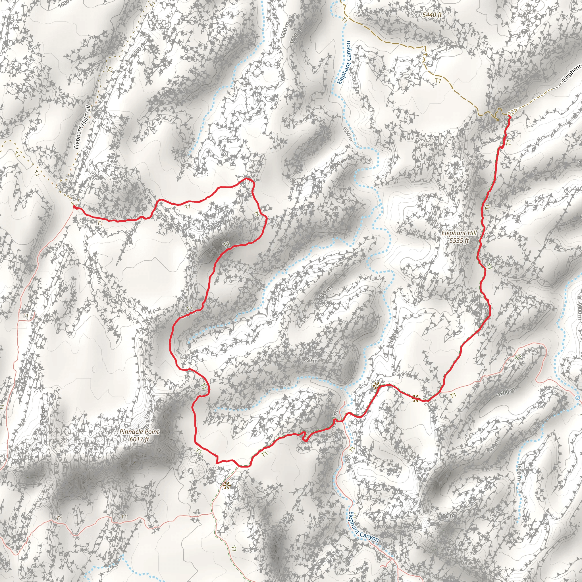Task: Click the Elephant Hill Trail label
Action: (x=82, y=127)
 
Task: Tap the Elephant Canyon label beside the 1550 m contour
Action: (x=344, y=63)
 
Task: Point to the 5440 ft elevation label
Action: (x=432, y=15)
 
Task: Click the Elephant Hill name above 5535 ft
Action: (x=459, y=233)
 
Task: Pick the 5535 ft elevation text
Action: (x=459, y=240)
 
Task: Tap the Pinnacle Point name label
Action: (x=139, y=432)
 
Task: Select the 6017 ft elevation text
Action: (x=139, y=439)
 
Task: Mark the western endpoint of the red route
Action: (x=74, y=207)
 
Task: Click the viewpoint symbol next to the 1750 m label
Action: (x=226, y=486)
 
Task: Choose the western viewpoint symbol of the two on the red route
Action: (x=376, y=385)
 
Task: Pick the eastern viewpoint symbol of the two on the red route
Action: (x=416, y=398)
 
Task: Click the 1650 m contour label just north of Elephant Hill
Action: (x=465, y=189)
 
